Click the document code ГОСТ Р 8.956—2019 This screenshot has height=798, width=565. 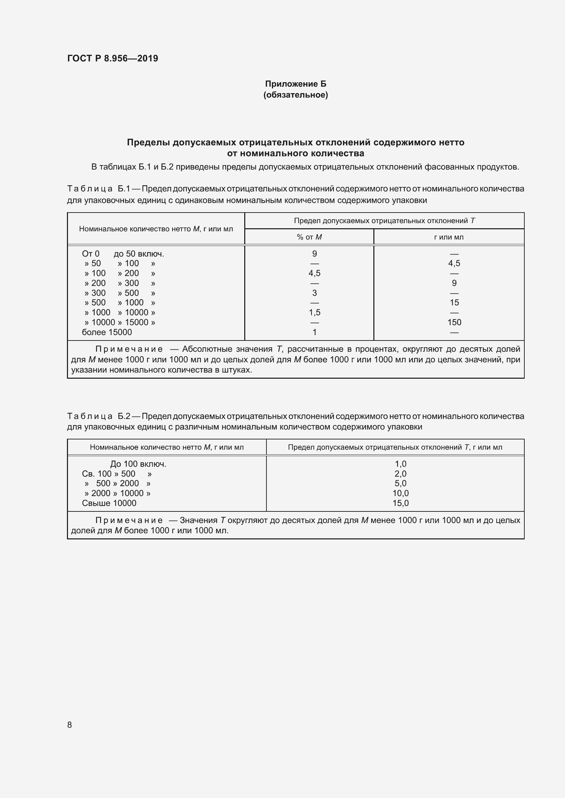coord(112,58)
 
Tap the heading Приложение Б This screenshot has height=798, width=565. coord(295,84)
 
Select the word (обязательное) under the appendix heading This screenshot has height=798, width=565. coord(295,95)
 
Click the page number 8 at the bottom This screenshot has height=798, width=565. coord(70,725)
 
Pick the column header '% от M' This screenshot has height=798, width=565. coord(309,237)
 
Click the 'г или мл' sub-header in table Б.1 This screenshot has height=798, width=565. coord(449,237)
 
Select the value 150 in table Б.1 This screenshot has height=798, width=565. coord(454,322)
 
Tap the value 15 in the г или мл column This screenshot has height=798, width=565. coord(454,302)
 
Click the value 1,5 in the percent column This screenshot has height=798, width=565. coord(314,313)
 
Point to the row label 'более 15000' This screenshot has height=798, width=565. coord(107,332)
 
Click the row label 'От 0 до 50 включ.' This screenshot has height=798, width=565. coord(123,254)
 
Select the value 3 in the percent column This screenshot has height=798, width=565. coord(314,293)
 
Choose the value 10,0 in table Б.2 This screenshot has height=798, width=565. coord(400,493)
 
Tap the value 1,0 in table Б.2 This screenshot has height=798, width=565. coord(400,464)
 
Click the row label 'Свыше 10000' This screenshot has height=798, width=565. coord(109,503)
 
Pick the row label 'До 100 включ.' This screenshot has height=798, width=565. coord(138,464)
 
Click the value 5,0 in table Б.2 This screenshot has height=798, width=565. coord(400,483)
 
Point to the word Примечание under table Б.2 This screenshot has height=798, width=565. coord(129,520)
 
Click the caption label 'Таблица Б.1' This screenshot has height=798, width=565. coord(98,189)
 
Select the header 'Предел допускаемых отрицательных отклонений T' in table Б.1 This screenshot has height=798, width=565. coord(384,221)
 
